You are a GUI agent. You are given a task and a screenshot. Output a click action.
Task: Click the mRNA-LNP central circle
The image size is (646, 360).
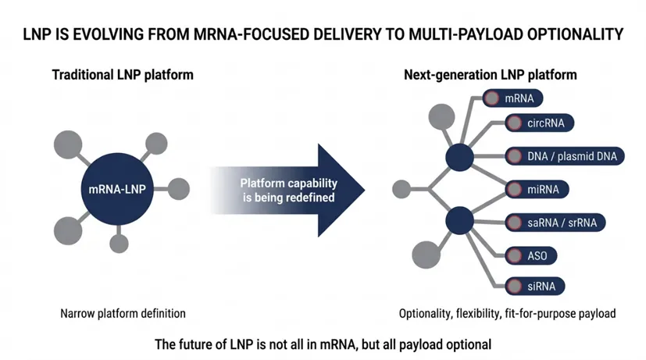point(117,189)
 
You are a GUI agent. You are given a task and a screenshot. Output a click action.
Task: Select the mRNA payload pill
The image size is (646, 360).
point(512,98)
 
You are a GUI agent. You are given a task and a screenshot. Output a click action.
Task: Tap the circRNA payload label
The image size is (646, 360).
point(539,123)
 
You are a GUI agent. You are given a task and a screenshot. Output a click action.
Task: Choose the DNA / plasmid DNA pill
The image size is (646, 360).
point(565,156)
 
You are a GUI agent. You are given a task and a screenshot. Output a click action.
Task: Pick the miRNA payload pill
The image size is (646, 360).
point(537,190)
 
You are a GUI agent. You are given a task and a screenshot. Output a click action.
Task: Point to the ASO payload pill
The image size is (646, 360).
point(531,256)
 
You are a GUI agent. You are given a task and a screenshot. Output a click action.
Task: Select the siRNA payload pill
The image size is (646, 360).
point(535,287)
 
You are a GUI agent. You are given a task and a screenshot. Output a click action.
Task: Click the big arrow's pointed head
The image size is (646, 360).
point(364,190)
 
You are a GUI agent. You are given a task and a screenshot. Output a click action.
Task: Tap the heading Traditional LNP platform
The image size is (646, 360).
point(123,75)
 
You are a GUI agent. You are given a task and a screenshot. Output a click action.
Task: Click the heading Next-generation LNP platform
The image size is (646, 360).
point(491,75)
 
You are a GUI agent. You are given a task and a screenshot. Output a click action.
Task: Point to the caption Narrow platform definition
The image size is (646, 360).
point(123,313)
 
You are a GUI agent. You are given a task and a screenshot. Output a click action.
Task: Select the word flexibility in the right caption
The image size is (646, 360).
point(478,314)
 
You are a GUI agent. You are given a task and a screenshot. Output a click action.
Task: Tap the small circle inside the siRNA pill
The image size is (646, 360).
point(514,287)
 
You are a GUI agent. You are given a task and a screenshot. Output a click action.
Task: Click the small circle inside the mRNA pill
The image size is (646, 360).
point(491,98)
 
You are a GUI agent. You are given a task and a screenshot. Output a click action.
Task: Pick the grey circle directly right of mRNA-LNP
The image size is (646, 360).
point(179,189)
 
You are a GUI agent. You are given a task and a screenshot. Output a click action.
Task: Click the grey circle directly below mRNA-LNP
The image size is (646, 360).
point(119,244)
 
